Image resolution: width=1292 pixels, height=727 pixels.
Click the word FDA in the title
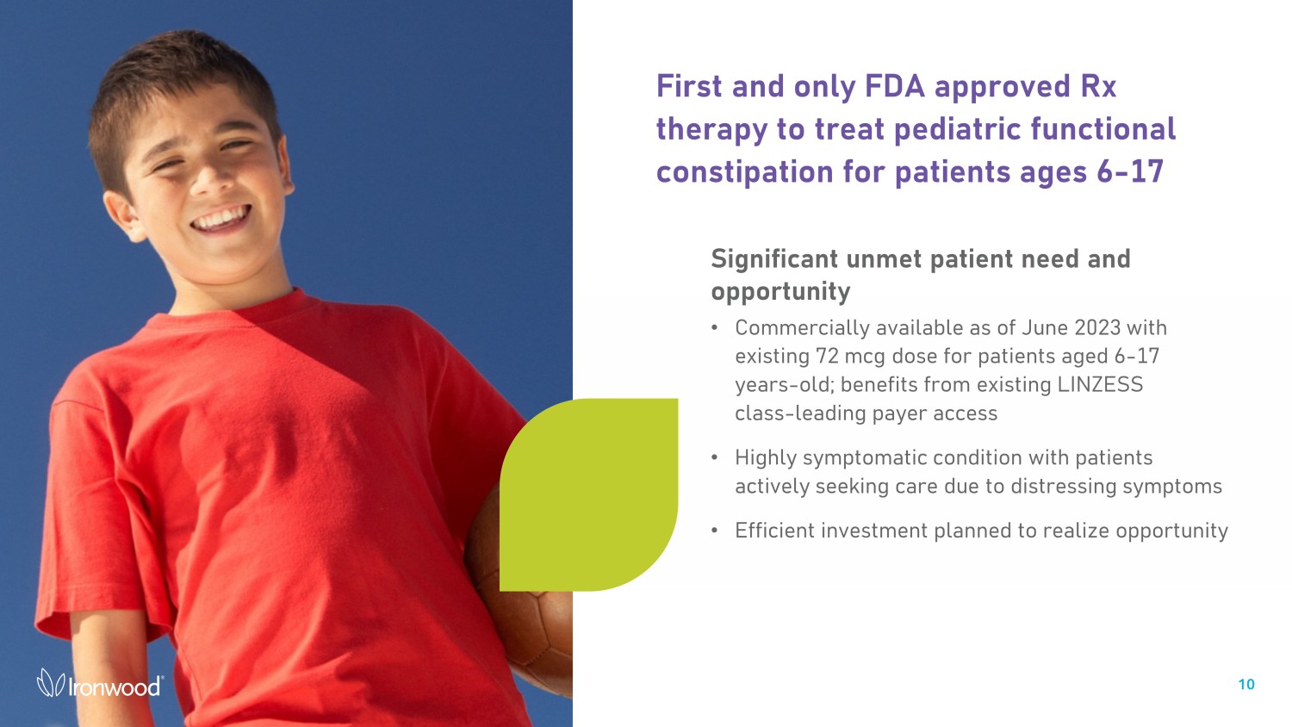pos(895,86)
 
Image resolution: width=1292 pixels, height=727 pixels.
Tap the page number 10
pos(1245,684)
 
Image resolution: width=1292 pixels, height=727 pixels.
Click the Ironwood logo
pos(100,683)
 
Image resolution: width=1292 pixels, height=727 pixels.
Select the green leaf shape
pos(588,494)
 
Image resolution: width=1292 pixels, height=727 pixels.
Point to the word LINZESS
pos(1100,384)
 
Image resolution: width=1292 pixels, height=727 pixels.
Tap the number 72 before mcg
pos(827,356)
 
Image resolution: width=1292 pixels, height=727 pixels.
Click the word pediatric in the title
pos(958,129)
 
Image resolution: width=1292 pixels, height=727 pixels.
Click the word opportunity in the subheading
pos(780,292)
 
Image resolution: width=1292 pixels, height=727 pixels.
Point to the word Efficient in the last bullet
pos(774,531)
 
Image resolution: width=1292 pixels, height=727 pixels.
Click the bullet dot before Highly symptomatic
pos(715,458)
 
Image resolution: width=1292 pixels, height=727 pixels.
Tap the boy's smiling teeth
pos(221,219)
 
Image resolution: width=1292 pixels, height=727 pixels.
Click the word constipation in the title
pos(745,172)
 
